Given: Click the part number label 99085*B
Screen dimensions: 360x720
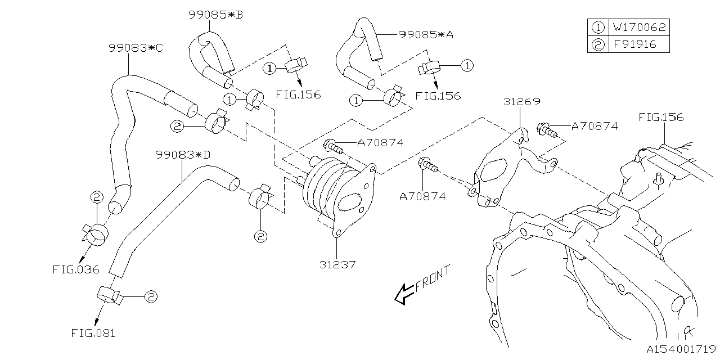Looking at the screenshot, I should [215, 15].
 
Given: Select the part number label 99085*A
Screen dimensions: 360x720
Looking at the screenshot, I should [425, 34].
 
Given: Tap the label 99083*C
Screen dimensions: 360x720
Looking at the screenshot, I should [136, 48].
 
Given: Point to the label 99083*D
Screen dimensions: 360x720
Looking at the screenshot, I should [183, 154].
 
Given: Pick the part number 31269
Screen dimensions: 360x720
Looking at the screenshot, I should [521, 102].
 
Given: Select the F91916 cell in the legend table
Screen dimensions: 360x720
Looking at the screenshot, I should [634, 44].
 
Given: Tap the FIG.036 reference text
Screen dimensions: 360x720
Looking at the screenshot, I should [76, 269].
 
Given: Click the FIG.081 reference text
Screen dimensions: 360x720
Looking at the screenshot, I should [93, 333].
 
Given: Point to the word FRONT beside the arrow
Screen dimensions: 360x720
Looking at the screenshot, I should [433, 278].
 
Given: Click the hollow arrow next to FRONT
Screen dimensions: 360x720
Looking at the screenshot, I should [404, 293].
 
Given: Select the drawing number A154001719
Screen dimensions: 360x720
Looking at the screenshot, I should [680, 349].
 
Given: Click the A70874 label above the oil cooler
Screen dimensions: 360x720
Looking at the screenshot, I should [380, 143].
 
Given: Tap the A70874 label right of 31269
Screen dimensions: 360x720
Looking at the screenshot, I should [594, 127].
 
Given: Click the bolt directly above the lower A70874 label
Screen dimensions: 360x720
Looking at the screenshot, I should [428, 165].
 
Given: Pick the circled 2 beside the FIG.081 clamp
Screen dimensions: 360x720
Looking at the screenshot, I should [150, 296].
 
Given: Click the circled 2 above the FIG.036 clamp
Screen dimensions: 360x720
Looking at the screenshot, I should [96, 197].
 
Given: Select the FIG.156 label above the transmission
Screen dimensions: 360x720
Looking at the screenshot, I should [661, 117].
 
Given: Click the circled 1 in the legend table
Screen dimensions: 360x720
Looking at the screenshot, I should [597, 27].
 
